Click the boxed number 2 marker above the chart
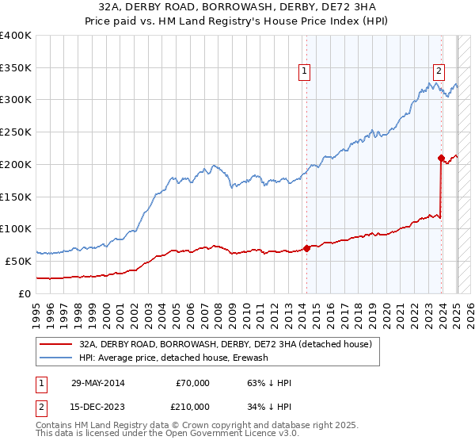point(438,69)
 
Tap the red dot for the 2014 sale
point(306,248)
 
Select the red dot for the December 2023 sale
point(441,158)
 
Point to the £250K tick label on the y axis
point(16,132)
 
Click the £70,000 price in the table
point(192,383)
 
